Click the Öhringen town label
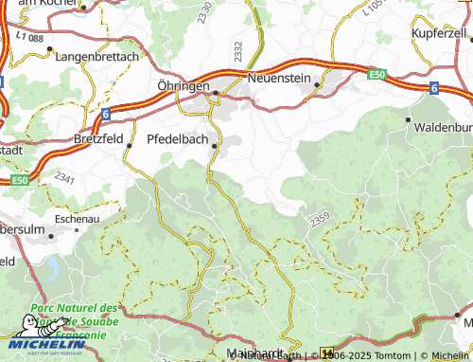(x=184, y=84)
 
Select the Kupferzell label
(x=439, y=33)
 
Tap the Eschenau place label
(x=79, y=218)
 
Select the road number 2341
(x=65, y=177)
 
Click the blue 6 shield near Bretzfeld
(x=105, y=114)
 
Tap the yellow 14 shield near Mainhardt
(x=327, y=353)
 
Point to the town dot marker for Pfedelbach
(x=216, y=146)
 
